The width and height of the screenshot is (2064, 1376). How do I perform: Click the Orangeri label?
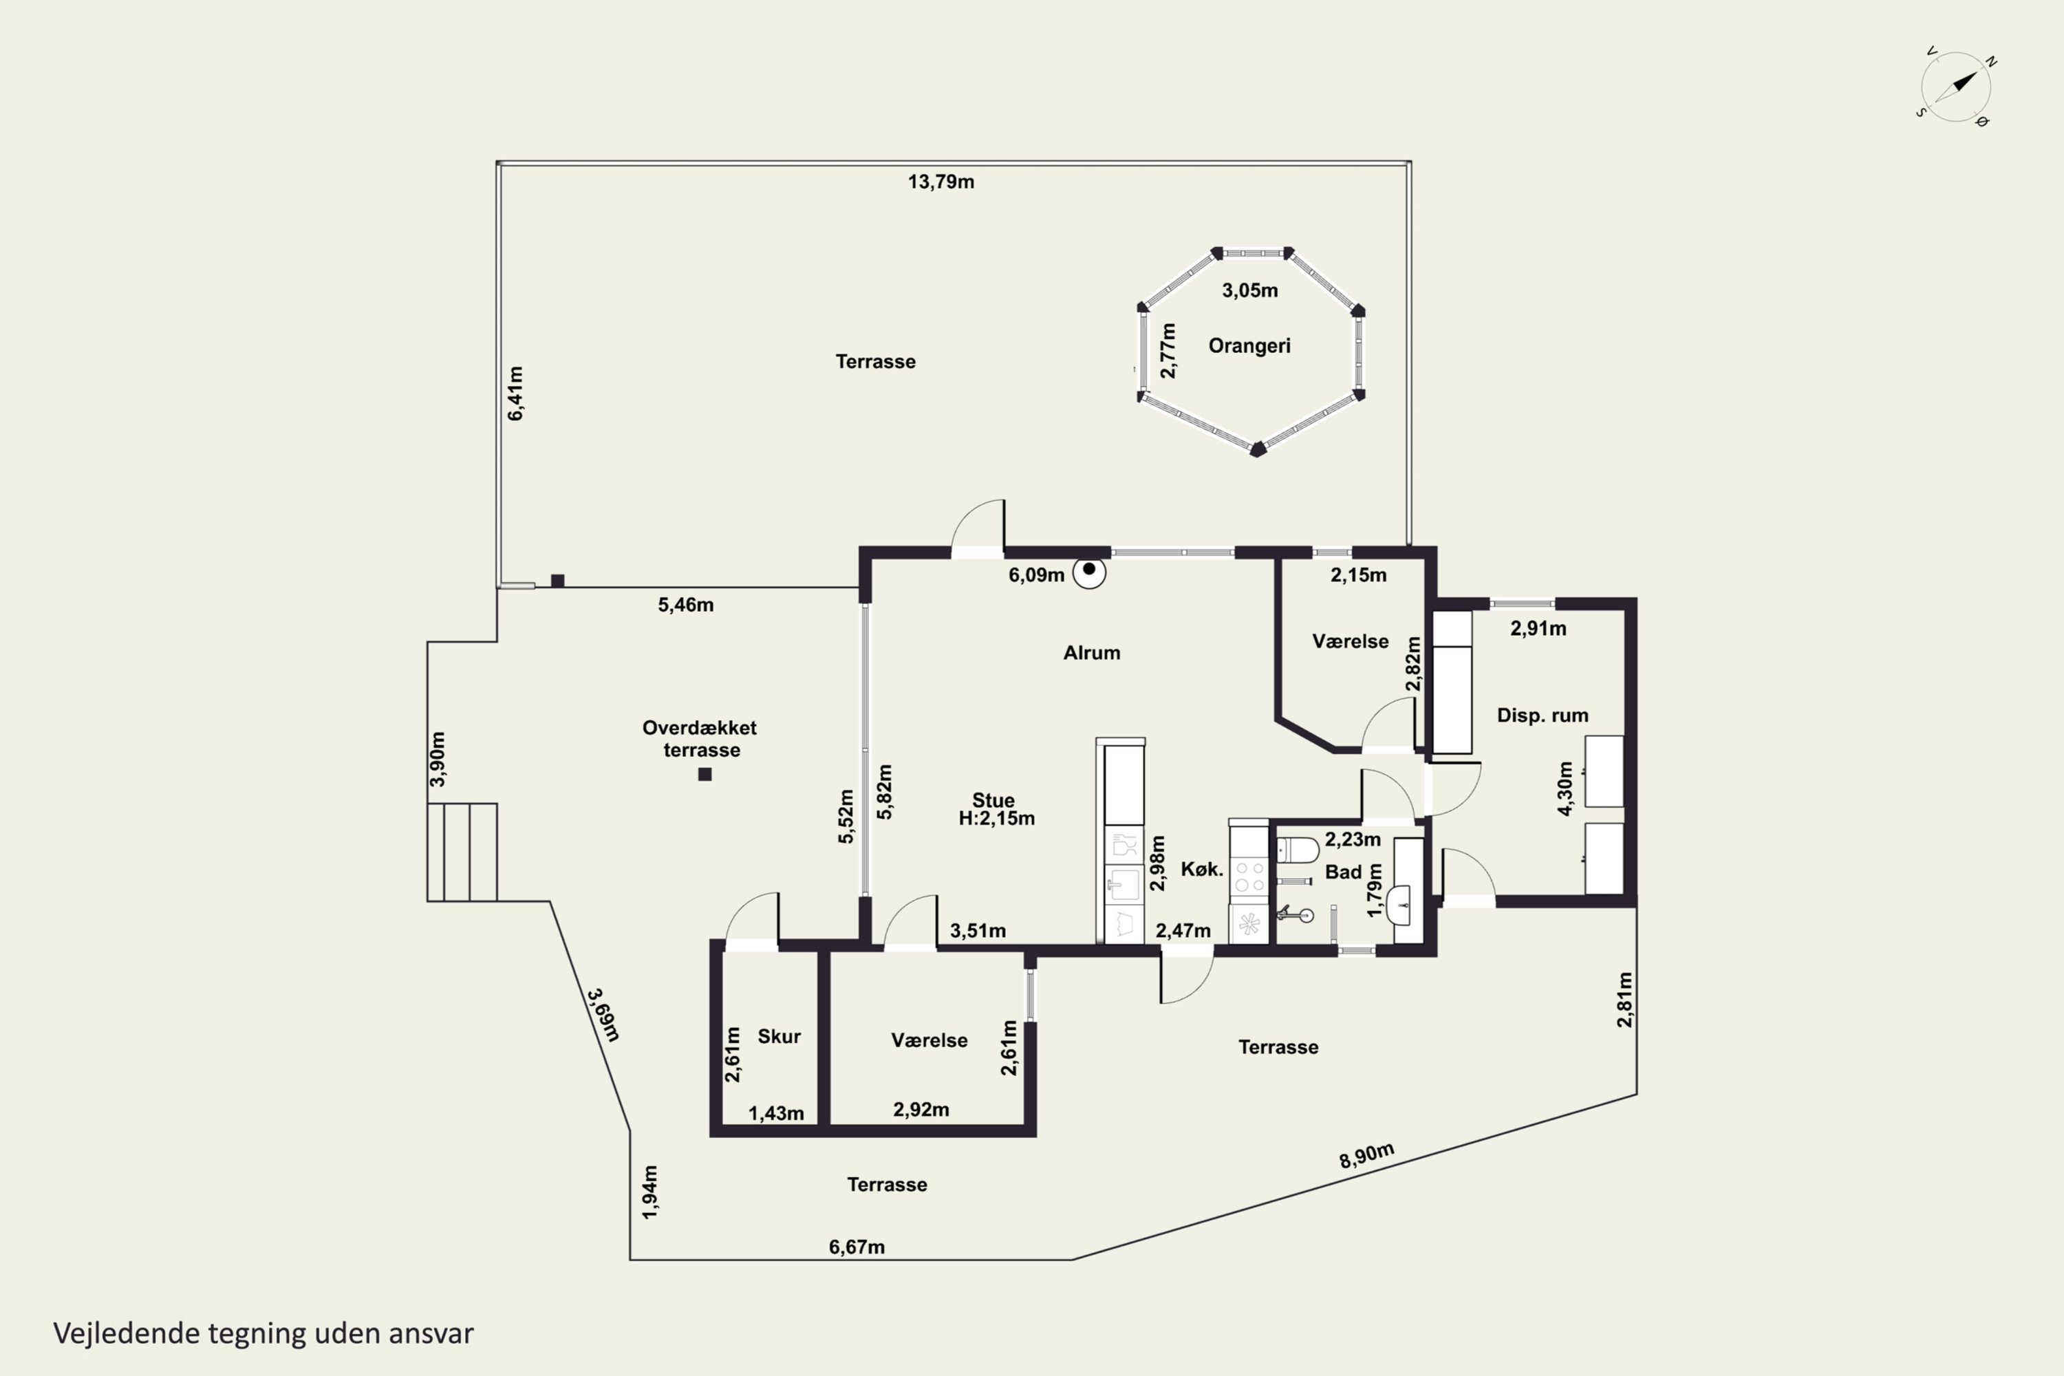pyautogui.click(x=1249, y=346)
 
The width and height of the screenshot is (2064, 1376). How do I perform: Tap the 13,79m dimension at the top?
pyautogui.click(x=940, y=182)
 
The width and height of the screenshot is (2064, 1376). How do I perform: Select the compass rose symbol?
pyautogui.click(x=1956, y=87)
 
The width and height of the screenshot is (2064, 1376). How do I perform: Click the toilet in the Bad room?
pyautogui.click(x=1297, y=850)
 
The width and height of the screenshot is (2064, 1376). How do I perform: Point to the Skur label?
pyautogui.click(x=780, y=1036)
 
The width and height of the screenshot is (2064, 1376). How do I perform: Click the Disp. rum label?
pyautogui.click(x=1542, y=716)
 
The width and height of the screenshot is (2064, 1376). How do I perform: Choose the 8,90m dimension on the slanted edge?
pyautogui.click(x=1366, y=1156)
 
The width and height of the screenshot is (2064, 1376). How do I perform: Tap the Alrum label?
pyautogui.click(x=1092, y=653)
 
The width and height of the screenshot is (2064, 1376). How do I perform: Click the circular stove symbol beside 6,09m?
pyautogui.click(x=1089, y=572)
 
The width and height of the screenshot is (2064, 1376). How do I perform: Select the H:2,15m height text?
pyautogui.click(x=996, y=819)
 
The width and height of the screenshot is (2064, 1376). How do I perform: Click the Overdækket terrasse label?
pyautogui.click(x=700, y=739)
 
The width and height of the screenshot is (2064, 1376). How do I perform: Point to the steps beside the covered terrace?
pyautogui.click(x=462, y=852)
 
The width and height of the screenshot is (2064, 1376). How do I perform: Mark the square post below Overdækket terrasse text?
pyautogui.click(x=705, y=774)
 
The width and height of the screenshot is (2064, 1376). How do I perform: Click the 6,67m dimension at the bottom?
pyautogui.click(x=857, y=1247)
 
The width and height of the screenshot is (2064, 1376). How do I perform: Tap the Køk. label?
pyautogui.click(x=1201, y=870)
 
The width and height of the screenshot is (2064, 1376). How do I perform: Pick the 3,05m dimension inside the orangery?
pyautogui.click(x=1249, y=290)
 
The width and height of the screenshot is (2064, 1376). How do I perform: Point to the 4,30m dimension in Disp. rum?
pyautogui.click(x=1565, y=788)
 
